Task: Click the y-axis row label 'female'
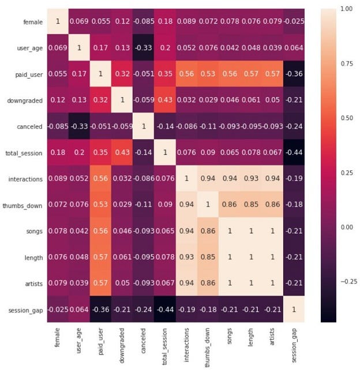click(33, 22)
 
